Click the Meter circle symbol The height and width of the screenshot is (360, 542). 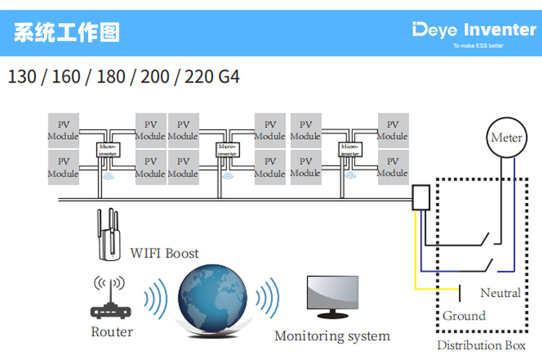[x=506, y=137]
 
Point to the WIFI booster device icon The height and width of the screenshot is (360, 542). [x=108, y=235]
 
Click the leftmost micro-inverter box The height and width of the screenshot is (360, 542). [x=108, y=150]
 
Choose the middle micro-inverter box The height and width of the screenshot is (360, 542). [x=228, y=150]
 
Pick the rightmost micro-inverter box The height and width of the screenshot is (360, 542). [x=350, y=150]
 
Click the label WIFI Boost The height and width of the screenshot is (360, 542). [x=164, y=253]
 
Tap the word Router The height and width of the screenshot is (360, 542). [x=112, y=332]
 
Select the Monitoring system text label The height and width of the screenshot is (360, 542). [x=332, y=336]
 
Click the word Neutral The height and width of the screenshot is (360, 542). [x=500, y=293]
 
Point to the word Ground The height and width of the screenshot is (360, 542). [x=464, y=316]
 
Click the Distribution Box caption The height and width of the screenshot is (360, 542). [x=481, y=346]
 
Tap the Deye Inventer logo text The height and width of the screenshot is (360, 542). [x=474, y=30]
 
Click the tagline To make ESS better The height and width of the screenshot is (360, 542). [x=478, y=46]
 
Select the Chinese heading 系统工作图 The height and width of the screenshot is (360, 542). [x=66, y=33]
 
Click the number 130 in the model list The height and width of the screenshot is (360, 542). [x=24, y=76]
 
